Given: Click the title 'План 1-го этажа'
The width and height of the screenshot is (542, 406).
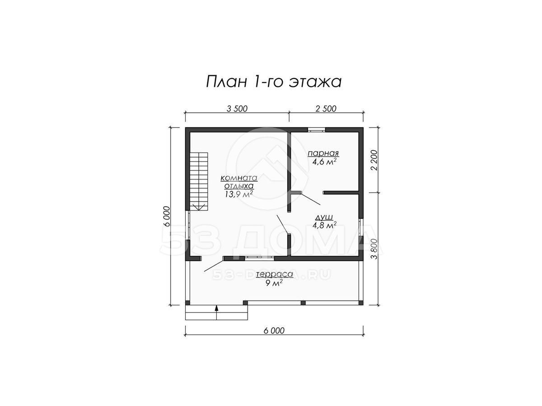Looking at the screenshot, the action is [x=273, y=82].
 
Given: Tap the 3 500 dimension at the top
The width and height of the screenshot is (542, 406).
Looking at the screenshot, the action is [x=237, y=109].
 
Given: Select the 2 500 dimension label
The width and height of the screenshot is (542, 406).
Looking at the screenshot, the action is [x=326, y=109].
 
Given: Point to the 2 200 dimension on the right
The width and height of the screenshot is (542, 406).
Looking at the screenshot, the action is [x=374, y=160].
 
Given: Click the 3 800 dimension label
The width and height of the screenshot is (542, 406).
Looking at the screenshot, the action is [x=374, y=249].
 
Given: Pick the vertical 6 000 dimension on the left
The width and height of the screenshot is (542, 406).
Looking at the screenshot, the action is [x=167, y=217].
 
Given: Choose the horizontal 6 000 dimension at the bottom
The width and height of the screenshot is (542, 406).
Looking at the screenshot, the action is [x=274, y=331].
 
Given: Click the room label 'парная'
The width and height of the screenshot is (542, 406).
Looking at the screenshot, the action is [x=323, y=153].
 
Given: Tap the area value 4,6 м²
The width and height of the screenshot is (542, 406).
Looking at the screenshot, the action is [x=324, y=162].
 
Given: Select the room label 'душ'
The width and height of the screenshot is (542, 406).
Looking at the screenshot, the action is [x=324, y=217].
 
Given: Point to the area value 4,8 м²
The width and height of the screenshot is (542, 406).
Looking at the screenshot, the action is [x=324, y=225].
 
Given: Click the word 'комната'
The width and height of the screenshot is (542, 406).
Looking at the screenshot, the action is [x=238, y=178].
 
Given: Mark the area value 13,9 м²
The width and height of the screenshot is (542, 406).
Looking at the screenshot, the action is [x=238, y=194].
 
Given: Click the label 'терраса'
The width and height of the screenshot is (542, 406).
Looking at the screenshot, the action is [x=274, y=274].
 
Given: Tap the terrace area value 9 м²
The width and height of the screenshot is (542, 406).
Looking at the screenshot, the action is [x=274, y=283].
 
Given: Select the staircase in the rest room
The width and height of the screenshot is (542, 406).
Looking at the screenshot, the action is [x=199, y=181].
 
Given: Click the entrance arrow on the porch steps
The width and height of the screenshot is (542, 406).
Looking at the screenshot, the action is [x=216, y=312].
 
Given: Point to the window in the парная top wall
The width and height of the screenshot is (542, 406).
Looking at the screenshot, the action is [x=316, y=129].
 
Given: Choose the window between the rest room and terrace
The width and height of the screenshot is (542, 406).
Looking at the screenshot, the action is [x=260, y=258].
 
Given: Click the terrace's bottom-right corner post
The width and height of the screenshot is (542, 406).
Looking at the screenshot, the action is [x=361, y=303].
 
